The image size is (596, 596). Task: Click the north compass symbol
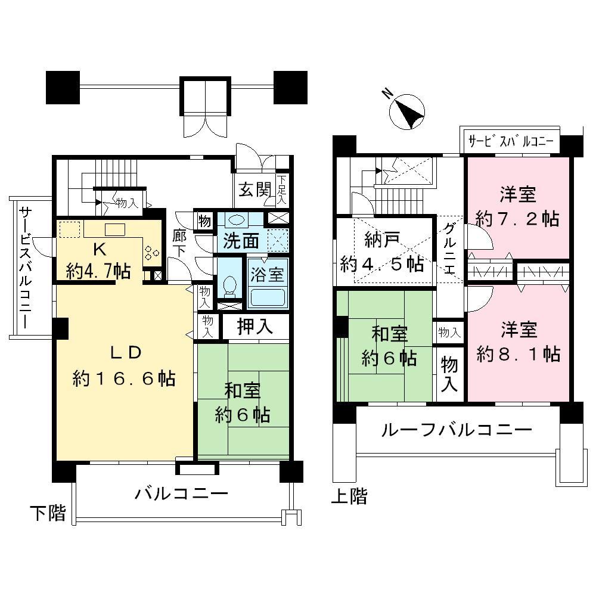click(x=407, y=111)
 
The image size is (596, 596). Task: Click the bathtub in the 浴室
click(x=268, y=296)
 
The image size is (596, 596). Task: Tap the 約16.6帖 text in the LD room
click(x=124, y=378)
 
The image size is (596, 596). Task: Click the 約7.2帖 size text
click(x=518, y=219)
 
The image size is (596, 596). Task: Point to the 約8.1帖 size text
click(x=518, y=354)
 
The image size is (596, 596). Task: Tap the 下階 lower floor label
click(x=48, y=513)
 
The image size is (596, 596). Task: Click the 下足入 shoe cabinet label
click(x=282, y=188)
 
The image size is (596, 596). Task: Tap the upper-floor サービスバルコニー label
click(x=511, y=142)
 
